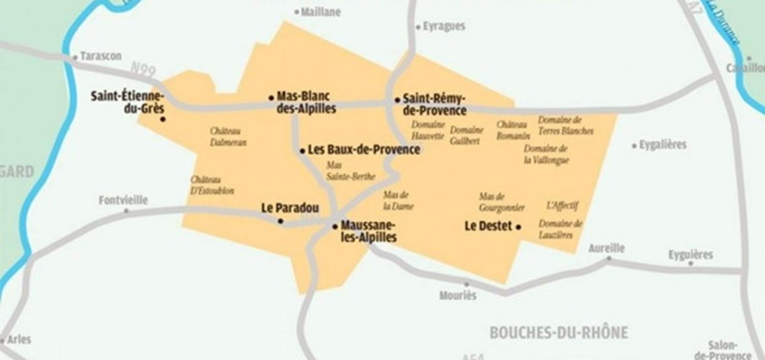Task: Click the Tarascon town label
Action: [101, 56]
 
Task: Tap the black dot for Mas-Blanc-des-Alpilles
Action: [271, 98]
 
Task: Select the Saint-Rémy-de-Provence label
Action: [434, 104]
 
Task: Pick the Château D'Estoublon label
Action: [212, 185]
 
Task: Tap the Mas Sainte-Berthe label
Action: [351, 171]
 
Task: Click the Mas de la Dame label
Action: [398, 201]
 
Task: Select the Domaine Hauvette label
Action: [428, 130]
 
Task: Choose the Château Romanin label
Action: [513, 130]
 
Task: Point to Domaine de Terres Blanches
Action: [566, 126]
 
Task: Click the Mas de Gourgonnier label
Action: [501, 202]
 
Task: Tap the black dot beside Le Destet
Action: [518, 227]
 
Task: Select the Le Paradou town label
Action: [290, 208]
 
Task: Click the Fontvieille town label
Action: [123, 200]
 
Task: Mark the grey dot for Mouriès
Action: [467, 284]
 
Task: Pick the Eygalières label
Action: [663, 145]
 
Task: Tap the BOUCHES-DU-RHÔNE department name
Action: [558, 333]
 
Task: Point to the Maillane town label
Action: [320, 12]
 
